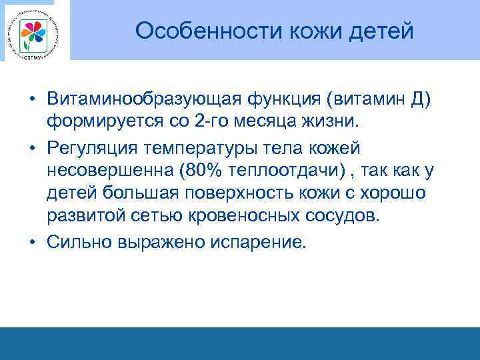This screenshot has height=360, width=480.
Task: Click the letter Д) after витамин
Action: click(423, 99)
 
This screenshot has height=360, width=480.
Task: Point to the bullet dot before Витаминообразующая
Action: click(33, 99)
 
